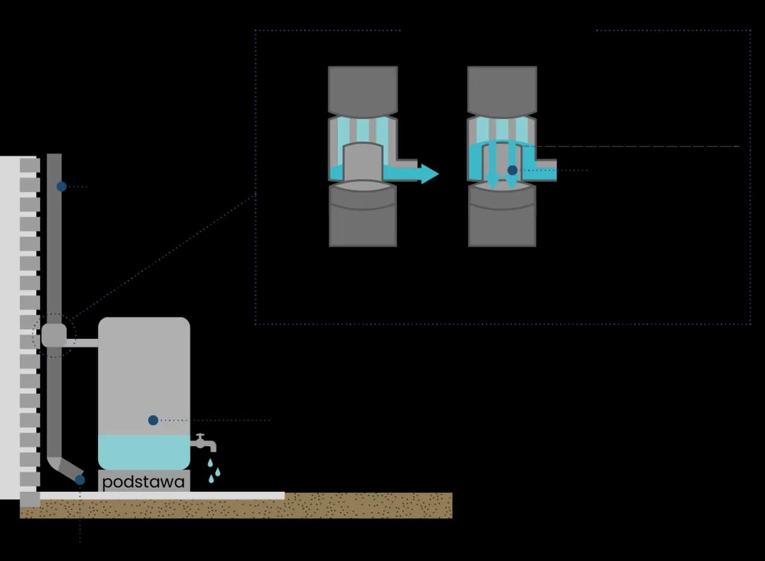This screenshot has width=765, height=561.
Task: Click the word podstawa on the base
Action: pos(143,482)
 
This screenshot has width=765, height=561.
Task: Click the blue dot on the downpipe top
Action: pos(62,186)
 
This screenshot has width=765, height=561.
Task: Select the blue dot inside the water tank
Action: pos(153,420)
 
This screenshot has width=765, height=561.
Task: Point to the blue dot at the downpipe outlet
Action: pos(80,480)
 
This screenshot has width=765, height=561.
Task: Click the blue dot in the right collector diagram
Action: pos(512,170)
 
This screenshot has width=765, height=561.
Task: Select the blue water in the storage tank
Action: pos(143,451)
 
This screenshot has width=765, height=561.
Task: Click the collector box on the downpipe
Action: pos(54,335)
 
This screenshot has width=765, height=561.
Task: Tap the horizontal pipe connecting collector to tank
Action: pos(82,342)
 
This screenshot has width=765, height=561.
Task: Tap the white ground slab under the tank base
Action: pos(179,495)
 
